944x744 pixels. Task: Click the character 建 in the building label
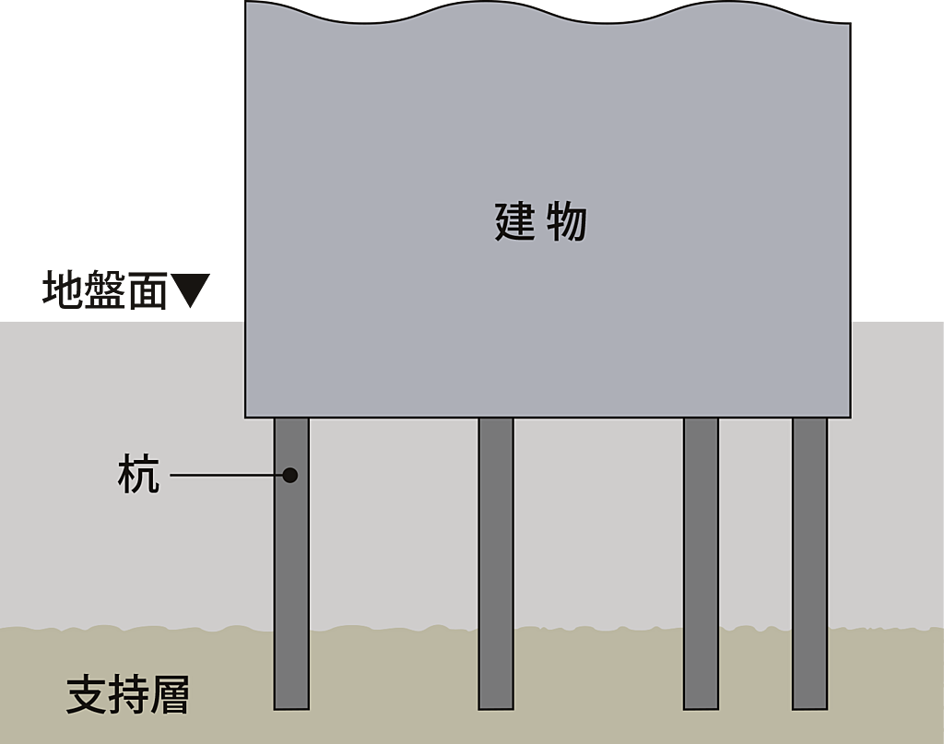pyautogui.click(x=515, y=222)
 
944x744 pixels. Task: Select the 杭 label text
pyautogui.click(x=139, y=475)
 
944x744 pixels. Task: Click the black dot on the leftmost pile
pyautogui.click(x=289, y=475)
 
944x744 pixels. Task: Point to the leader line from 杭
pyautogui.click(x=226, y=475)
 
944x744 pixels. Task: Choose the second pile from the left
pyautogui.click(x=496, y=562)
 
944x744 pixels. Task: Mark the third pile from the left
pyautogui.click(x=701, y=562)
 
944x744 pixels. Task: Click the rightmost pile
pyautogui.click(x=809, y=562)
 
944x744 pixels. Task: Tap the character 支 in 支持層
pyautogui.click(x=86, y=695)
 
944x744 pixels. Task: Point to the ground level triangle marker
pyautogui.click(x=195, y=289)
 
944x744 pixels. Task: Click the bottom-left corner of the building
pyautogui.click(x=246, y=417)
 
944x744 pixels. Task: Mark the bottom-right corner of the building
pyautogui.click(x=849, y=417)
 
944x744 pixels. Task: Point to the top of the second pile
pyautogui.click(x=496, y=421)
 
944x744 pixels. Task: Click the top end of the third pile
pyautogui.click(x=701, y=421)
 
